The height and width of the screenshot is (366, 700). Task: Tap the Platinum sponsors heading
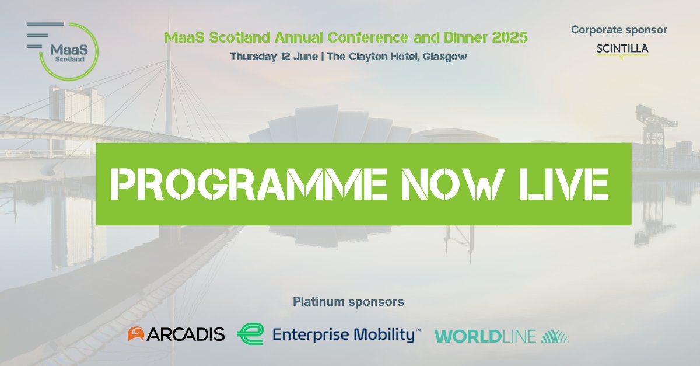tap(348, 302)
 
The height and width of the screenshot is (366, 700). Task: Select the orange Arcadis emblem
tap(136, 334)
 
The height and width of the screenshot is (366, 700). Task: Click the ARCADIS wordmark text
tap(185, 334)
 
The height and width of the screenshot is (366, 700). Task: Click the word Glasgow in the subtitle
tap(447, 57)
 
